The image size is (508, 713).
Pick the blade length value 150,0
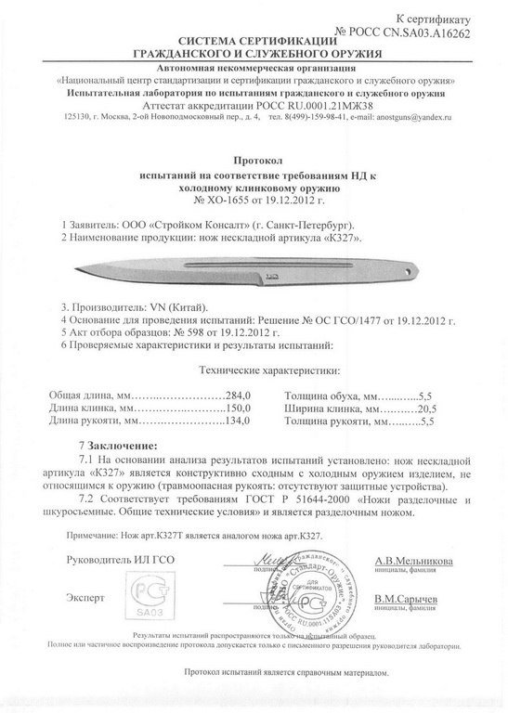(x=240, y=408)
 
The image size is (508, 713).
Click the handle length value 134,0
(x=240, y=422)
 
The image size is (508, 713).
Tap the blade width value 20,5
(x=425, y=408)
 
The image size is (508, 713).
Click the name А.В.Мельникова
(x=413, y=562)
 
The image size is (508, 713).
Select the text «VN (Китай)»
(x=174, y=305)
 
